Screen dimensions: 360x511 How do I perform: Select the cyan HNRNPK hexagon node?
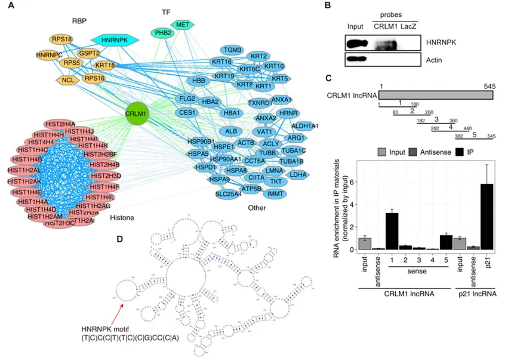point(115,40)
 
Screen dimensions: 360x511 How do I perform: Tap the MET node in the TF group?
point(181,24)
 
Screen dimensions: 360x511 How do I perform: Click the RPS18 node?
point(62,39)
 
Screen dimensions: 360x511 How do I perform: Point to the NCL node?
point(68,79)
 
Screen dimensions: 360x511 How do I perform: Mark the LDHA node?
point(298,174)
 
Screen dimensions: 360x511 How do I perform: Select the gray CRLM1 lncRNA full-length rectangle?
point(436,95)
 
